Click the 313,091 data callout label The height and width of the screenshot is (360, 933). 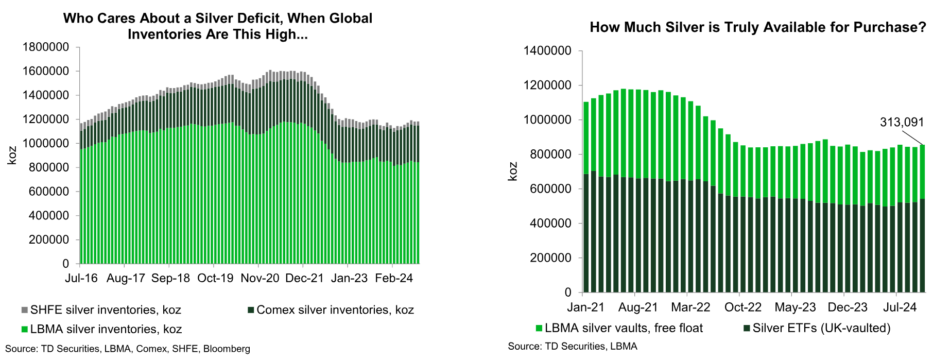(x=902, y=122)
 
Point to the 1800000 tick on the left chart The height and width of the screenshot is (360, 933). (x=46, y=47)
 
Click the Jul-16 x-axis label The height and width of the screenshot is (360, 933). (x=81, y=278)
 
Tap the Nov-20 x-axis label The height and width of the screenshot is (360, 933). (x=260, y=278)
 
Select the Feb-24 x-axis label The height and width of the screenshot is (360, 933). (x=394, y=278)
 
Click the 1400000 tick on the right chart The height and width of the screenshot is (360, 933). (x=547, y=51)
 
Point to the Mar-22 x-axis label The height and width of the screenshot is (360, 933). (x=690, y=307)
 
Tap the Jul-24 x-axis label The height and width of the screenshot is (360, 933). (x=900, y=307)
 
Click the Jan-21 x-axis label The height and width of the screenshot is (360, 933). (x=586, y=307)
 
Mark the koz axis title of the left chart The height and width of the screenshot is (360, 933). (x=12, y=156)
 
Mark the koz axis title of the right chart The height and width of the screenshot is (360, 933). (x=513, y=172)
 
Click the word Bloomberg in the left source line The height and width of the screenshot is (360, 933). (x=227, y=349)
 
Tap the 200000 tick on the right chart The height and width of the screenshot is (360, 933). (x=550, y=258)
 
